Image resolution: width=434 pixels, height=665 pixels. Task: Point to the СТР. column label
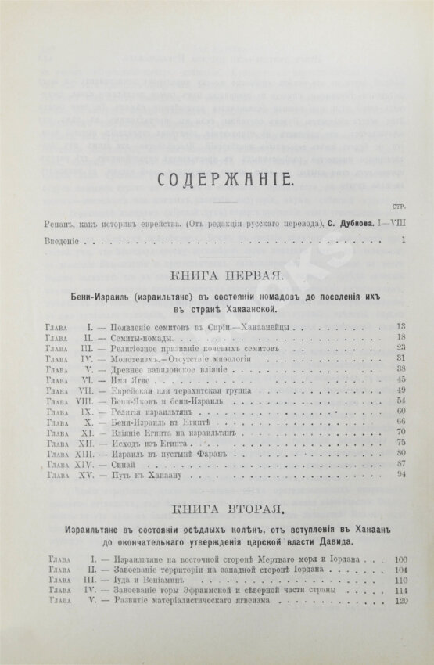(x=396, y=207)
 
